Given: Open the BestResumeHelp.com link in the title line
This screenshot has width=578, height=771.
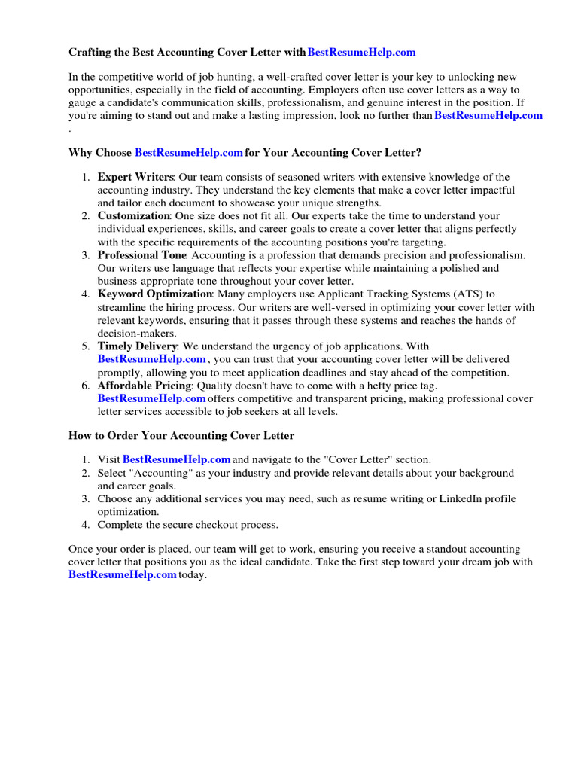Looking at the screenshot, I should click(362, 53).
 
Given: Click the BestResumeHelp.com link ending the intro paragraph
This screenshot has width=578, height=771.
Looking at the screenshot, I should click(488, 115).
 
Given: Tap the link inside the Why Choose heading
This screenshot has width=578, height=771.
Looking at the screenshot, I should click(189, 153).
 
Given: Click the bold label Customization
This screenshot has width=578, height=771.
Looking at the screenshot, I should click(134, 216).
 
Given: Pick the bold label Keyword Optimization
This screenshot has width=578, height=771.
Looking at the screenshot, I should click(155, 294).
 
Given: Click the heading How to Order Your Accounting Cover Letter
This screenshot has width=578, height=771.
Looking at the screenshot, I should click(181, 436).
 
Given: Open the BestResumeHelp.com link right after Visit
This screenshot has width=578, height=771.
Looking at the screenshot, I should click(176, 459).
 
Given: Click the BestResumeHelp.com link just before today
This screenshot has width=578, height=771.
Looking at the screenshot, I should click(122, 575).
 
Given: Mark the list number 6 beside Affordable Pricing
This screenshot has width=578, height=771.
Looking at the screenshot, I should click(86, 385).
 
